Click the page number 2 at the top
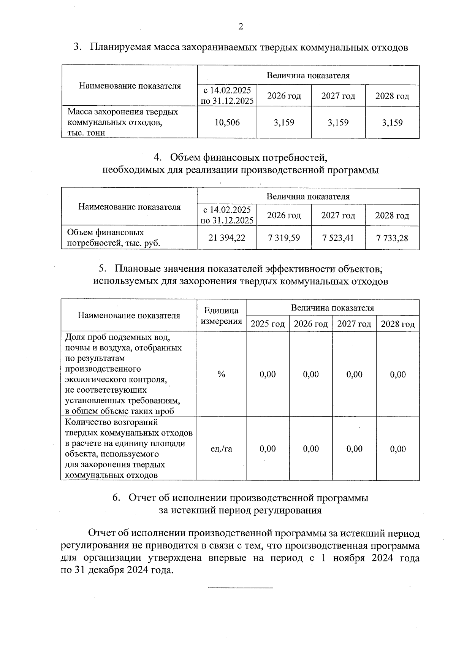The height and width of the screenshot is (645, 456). point(240,27)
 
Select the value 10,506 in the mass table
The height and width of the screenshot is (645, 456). point(227,122)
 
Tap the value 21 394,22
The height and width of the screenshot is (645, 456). point(227,238)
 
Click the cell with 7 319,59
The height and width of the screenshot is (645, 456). point(284,238)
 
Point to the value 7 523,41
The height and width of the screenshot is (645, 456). point(338,238)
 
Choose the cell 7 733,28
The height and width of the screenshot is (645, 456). point(392,238)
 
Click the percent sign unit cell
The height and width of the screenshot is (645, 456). point(221,374)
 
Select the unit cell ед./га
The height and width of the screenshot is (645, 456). point(221,449)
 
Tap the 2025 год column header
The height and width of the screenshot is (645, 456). point(268,324)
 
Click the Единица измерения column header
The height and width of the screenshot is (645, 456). point(221,315)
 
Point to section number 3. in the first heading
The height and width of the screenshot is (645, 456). point(78,48)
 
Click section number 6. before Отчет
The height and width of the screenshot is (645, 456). point(117,498)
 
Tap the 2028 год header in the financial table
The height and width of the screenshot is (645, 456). point(392,216)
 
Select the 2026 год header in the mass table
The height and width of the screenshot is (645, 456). point(284,96)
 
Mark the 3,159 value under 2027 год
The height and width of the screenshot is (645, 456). point(338,122)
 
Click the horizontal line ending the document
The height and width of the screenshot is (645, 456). point(241,588)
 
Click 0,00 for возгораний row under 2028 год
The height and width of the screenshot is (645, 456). point(398,449)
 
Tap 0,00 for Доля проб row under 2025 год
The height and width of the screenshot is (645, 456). point(268,374)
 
